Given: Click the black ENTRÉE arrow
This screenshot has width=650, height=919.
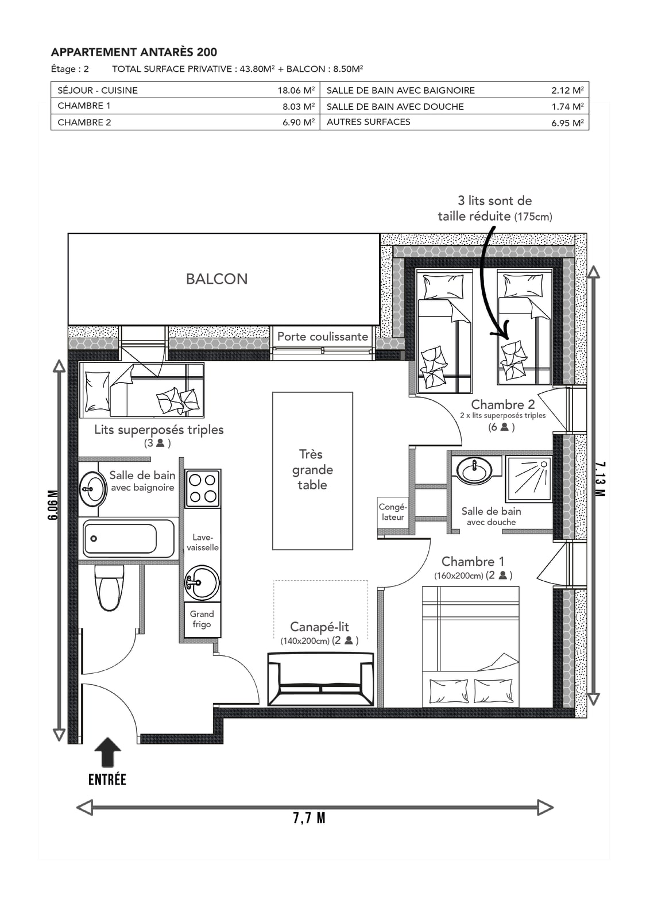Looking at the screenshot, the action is pos(107,752).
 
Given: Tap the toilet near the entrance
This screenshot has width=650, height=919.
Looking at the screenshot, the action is pos(109,588).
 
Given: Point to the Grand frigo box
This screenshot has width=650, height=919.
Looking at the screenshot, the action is pos(202,620).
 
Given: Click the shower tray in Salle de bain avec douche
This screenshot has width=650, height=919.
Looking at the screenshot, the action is pos(529,479).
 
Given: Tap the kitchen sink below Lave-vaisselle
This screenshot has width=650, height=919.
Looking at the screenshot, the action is pos(202,582).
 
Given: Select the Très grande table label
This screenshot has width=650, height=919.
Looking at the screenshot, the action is pos(312,469).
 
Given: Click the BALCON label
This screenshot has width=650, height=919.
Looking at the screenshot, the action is pos(216,279).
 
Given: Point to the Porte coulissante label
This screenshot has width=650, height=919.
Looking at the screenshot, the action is pos(323,337).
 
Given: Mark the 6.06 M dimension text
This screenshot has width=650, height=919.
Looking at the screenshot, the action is pos(52,505).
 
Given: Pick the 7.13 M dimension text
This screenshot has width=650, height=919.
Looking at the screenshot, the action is pos(600,479).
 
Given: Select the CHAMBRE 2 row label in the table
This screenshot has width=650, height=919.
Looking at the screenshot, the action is pos(84,122).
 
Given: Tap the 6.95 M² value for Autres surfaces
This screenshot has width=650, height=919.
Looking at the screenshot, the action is pos(567,123).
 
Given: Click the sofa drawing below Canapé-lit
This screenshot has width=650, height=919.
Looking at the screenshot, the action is pos(321,679).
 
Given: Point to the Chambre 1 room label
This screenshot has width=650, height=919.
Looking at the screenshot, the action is pos(473,561).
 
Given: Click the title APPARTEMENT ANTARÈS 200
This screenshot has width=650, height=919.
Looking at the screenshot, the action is pos(134,52).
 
